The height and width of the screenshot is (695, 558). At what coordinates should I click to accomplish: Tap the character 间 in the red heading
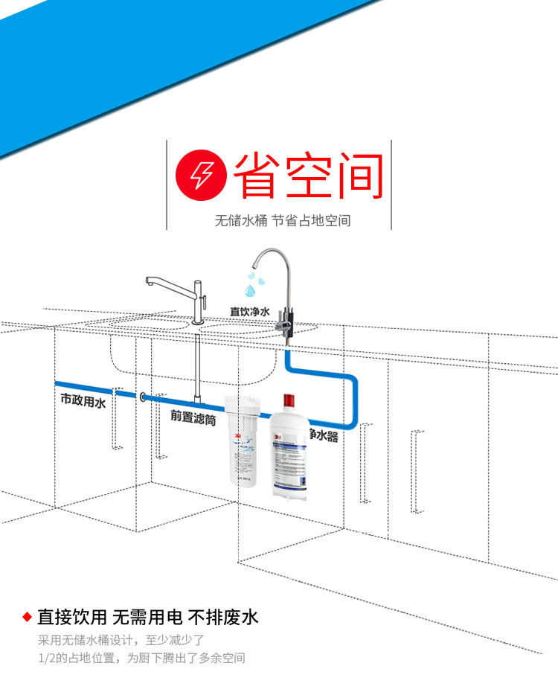[357, 176]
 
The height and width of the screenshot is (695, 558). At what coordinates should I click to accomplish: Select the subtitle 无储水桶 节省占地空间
[282, 221]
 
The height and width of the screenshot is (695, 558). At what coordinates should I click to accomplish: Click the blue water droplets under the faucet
[255, 284]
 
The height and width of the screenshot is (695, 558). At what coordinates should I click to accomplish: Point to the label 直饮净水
[249, 312]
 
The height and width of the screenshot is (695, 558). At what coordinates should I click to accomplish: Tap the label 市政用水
[83, 400]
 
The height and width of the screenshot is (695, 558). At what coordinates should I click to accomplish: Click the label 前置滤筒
[193, 418]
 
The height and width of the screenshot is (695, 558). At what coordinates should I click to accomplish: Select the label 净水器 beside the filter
[324, 435]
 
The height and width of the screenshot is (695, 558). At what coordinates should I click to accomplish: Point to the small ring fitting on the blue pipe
[141, 397]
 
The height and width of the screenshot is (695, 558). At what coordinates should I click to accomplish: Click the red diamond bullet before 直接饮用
[27, 617]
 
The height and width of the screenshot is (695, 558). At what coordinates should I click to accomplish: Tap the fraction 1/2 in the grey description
[45, 658]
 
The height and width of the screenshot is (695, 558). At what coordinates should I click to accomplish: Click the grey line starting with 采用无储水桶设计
[121, 639]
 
